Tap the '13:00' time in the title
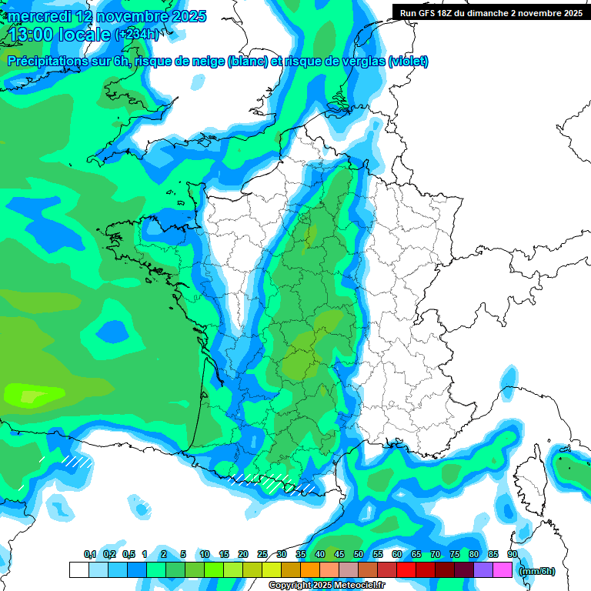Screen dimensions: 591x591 tap(32, 35)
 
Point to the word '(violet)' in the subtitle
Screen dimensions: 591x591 tap(409, 62)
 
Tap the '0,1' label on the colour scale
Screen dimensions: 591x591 tap(90, 554)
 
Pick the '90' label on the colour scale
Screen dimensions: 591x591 tap(512, 554)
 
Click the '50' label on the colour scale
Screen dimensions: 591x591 tap(358, 554)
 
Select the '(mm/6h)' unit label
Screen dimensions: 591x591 tap(537, 571)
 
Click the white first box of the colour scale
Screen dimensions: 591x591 tap(78, 569)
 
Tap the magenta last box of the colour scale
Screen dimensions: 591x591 tap(503, 569)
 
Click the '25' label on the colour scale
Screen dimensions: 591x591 tap(262, 554)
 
